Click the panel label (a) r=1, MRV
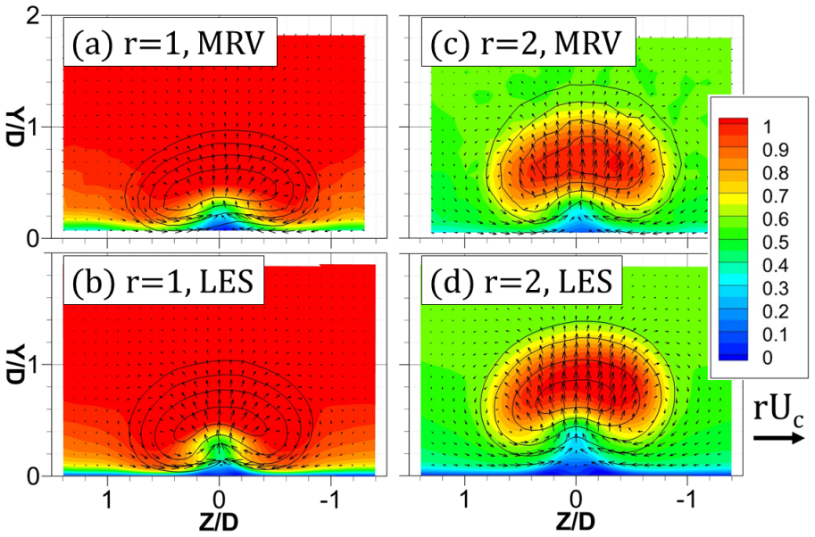(170, 42)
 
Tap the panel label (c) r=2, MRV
(528, 42)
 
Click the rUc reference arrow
(778, 438)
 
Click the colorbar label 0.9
(776, 150)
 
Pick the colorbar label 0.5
(776, 242)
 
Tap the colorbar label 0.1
(776, 335)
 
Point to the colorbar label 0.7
(776, 195)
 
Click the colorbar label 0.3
(776, 288)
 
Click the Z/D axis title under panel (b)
(219, 522)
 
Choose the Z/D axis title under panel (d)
(576, 522)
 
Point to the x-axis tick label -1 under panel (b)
(330, 499)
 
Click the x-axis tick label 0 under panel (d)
(576, 499)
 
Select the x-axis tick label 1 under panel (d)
(464, 499)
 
